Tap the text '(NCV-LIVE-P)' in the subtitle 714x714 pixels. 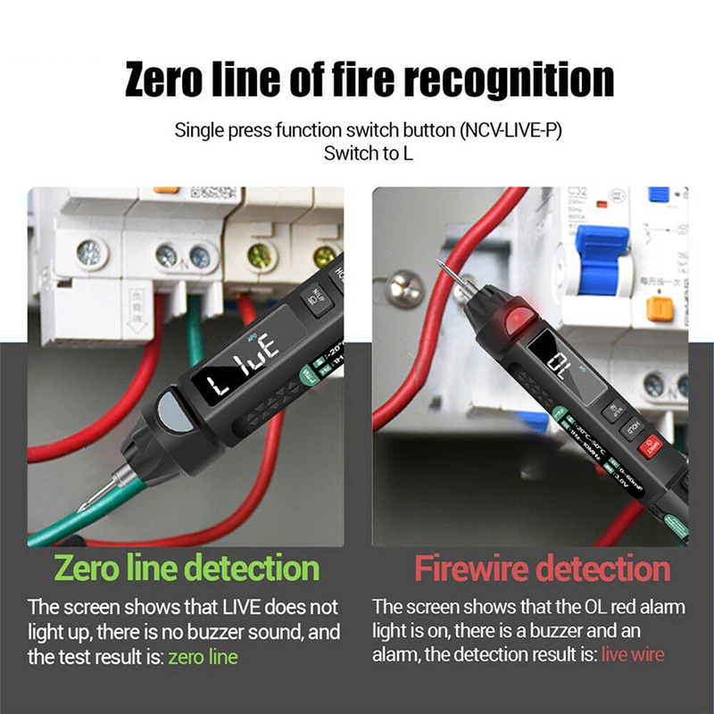tap(511, 130)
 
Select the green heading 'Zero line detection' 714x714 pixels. tap(187, 568)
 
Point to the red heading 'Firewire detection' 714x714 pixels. tap(542, 568)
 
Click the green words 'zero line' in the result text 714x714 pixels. tap(203, 658)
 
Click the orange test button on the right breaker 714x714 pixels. tap(660, 308)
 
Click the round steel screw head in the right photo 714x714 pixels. tap(403, 290)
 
